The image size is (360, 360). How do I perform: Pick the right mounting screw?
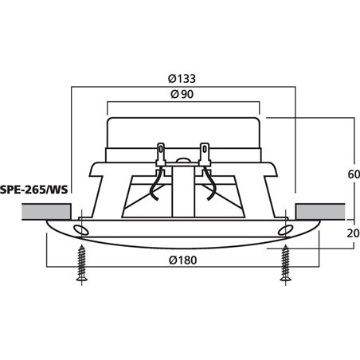[285, 266]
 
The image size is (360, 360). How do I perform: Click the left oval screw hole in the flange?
[80, 230]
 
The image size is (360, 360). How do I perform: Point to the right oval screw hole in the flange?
[285, 230]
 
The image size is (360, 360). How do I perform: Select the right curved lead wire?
[213, 191]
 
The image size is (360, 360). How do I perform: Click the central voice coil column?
[183, 191]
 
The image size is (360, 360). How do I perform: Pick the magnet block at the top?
[183, 131]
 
